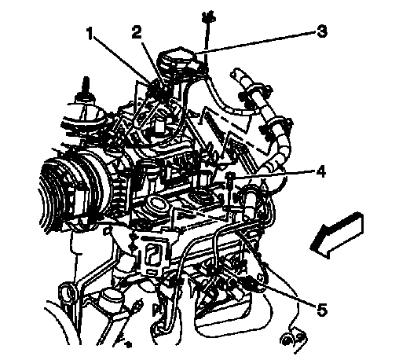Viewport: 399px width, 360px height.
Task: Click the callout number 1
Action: pyautogui.click(x=90, y=34)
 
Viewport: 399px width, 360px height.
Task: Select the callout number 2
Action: pyautogui.click(x=137, y=31)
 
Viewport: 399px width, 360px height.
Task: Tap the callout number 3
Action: pyautogui.click(x=321, y=31)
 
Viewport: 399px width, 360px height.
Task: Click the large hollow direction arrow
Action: pyautogui.click(x=337, y=234)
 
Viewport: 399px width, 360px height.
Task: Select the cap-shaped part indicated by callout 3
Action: pyautogui.click(x=180, y=60)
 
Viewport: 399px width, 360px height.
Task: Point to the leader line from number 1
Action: pyautogui.click(x=123, y=61)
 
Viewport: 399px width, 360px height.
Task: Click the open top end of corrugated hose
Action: pyautogui.click(x=235, y=73)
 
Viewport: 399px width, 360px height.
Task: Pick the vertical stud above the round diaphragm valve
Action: pyautogui.click(x=86, y=86)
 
